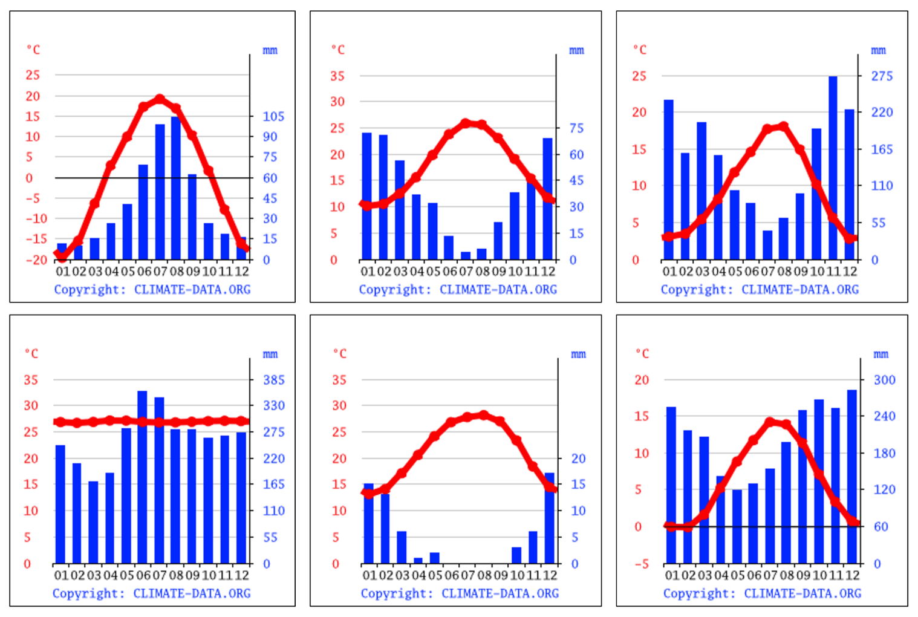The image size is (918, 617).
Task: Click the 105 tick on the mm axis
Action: tap(273, 116)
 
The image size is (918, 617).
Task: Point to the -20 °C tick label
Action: tap(36, 260)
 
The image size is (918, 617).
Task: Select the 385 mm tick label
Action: tap(273, 380)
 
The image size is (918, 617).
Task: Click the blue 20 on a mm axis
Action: tap(578, 459)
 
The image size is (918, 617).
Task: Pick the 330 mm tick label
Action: tap(273, 405)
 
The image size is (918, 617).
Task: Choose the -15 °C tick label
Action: tap(36, 239)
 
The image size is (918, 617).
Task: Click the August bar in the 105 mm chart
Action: tap(176, 188)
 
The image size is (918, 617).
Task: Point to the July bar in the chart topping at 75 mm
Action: tap(466, 255)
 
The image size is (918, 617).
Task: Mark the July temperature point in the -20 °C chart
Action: tap(160, 99)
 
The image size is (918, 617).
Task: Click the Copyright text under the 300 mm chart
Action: tap(761, 593)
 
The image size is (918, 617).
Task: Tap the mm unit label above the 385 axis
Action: tap(270, 354)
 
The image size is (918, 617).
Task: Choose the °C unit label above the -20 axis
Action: tap(33, 50)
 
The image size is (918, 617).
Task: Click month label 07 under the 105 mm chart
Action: tap(160, 272)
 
